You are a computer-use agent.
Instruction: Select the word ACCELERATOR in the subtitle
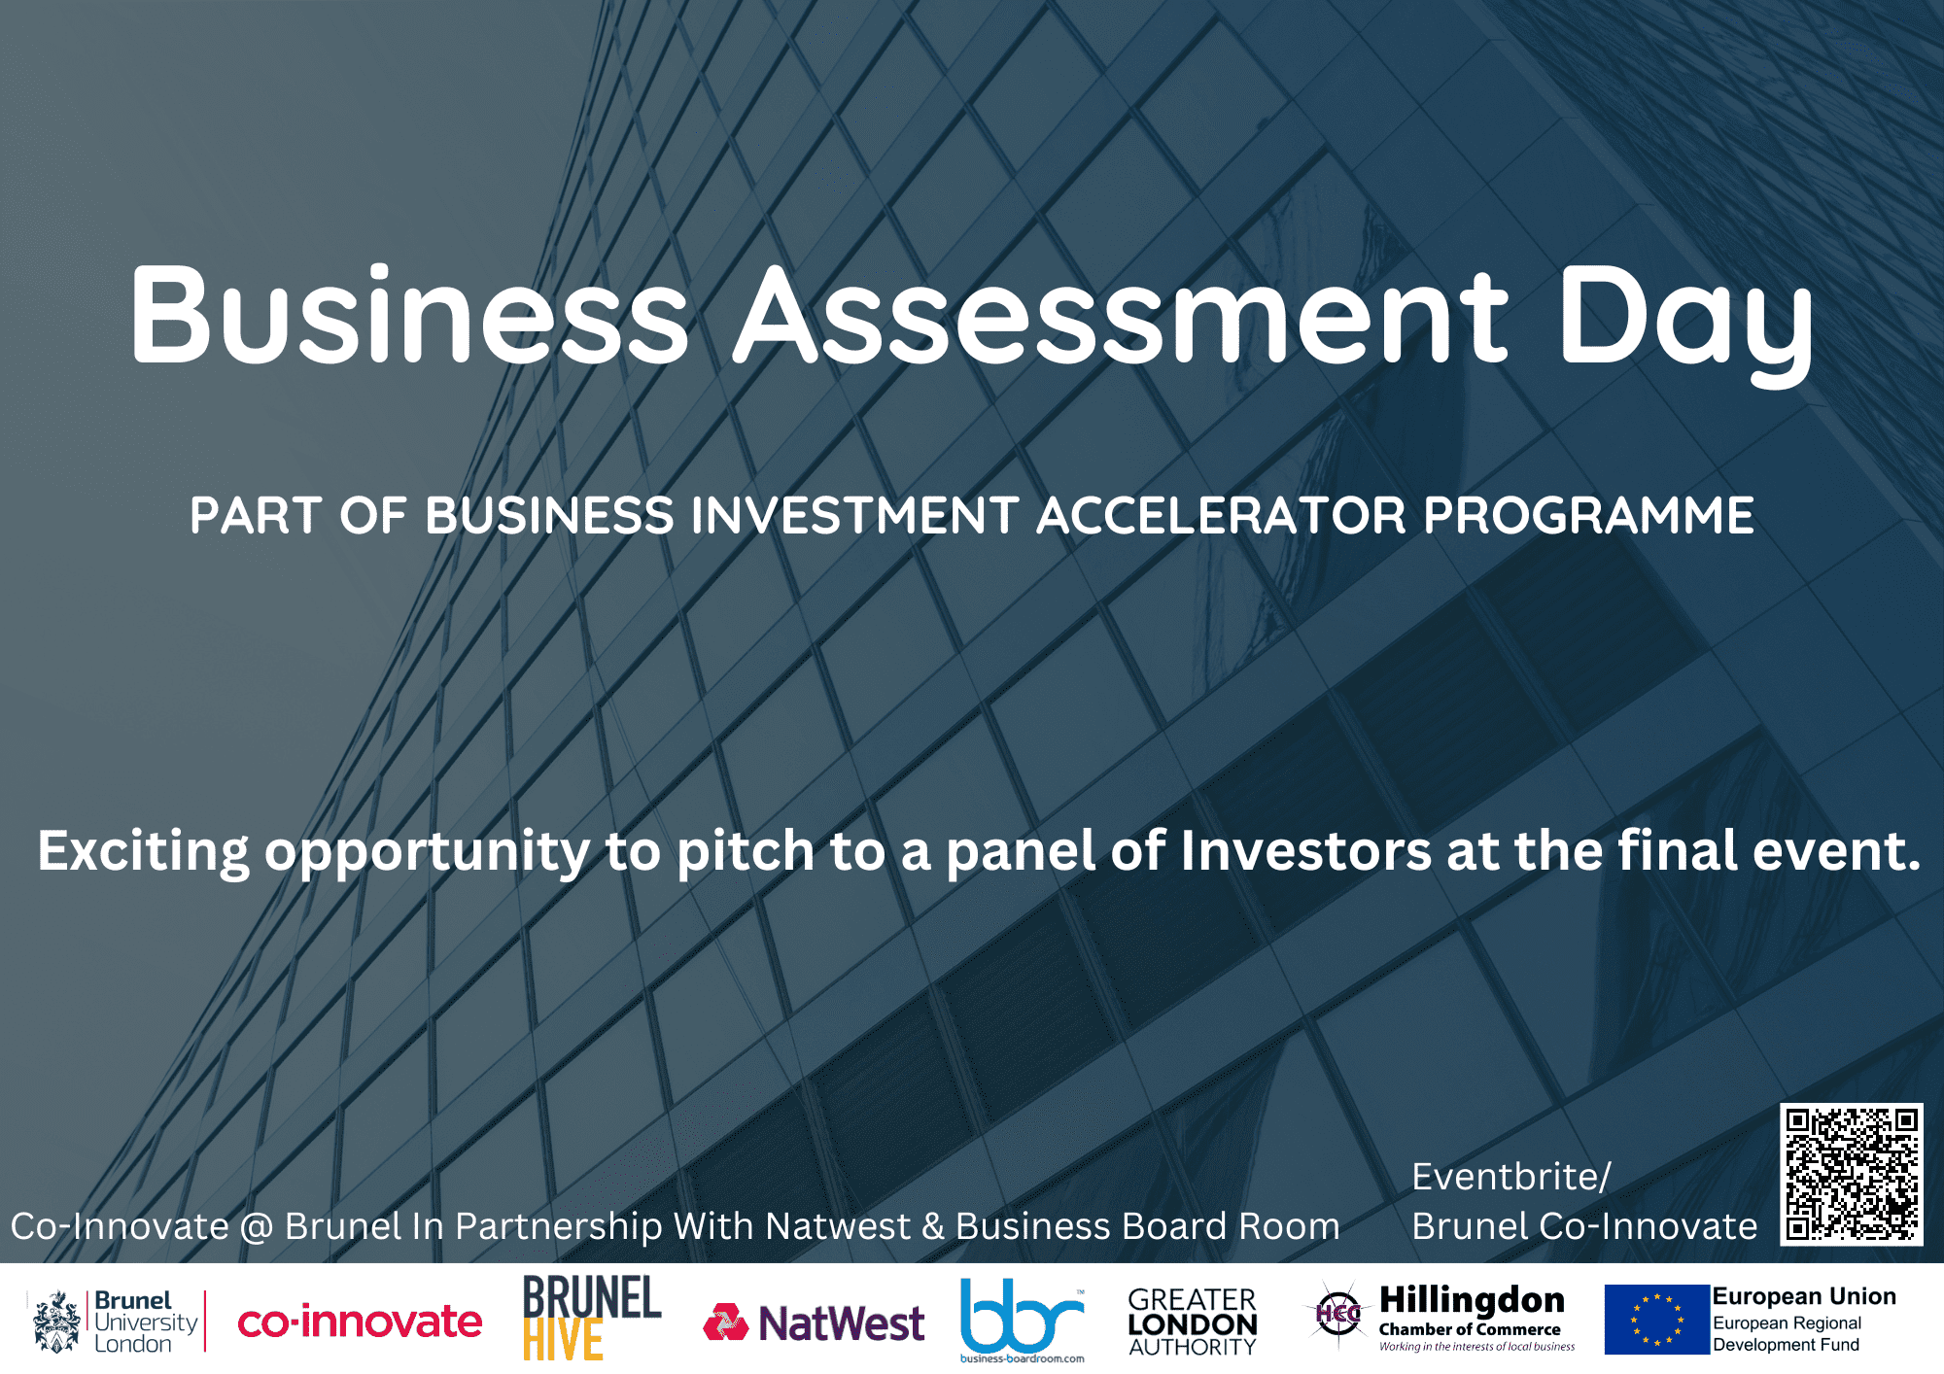1222,515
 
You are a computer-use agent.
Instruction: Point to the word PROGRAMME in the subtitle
1589,515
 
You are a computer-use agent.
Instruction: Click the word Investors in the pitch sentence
1305,851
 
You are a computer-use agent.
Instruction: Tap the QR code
1852,1174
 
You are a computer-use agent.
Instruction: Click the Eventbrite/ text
1511,1177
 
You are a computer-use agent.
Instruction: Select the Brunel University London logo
117,1322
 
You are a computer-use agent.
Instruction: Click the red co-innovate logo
360,1322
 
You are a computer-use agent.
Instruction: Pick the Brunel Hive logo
591,1318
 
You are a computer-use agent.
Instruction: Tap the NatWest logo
814,1323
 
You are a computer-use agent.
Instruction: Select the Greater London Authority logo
1193,1322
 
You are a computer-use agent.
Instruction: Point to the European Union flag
1656,1320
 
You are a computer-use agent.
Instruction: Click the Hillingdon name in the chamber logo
1472,1300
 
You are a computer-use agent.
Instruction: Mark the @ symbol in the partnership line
257,1227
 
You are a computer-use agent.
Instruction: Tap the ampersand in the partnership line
933,1227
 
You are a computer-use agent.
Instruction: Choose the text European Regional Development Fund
1787,1334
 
